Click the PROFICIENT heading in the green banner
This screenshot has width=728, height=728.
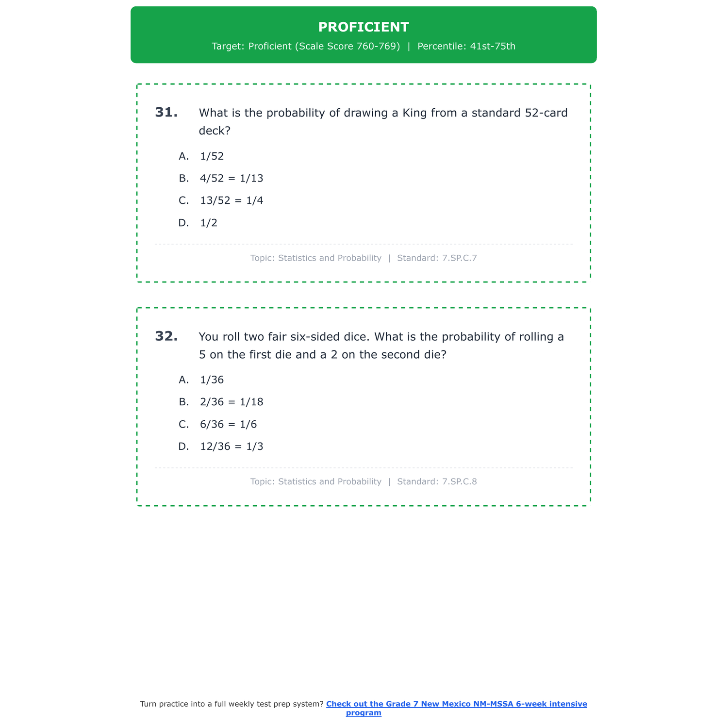pyautogui.click(x=364, y=27)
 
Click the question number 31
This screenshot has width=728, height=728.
pyautogui.click(x=166, y=113)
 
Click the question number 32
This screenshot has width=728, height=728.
pyautogui.click(x=166, y=336)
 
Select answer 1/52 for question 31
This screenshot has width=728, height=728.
pyautogui.click(x=212, y=156)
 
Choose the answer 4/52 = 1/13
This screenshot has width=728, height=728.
pyautogui.click(x=231, y=179)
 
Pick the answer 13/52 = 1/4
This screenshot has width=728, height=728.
pyautogui.click(x=231, y=201)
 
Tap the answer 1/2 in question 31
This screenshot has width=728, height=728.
pyautogui.click(x=209, y=223)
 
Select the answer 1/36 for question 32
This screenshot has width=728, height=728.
pyautogui.click(x=212, y=380)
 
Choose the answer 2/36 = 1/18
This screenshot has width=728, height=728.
pyautogui.click(x=231, y=402)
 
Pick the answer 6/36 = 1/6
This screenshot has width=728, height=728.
pyautogui.click(x=228, y=425)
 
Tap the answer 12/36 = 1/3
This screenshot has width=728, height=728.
pyautogui.click(x=231, y=447)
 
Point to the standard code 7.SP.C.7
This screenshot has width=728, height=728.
pyautogui.click(x=459, y=258)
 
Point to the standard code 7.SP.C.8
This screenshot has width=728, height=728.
pyautogui.click(x=459, y=482)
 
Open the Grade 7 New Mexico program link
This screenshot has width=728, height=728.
pyautogui.click(x=456, y=704)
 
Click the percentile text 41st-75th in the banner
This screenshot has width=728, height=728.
pyautogui.click(x=493, y=47)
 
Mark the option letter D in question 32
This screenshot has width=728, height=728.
pyautogui.click(x=183, y=447)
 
